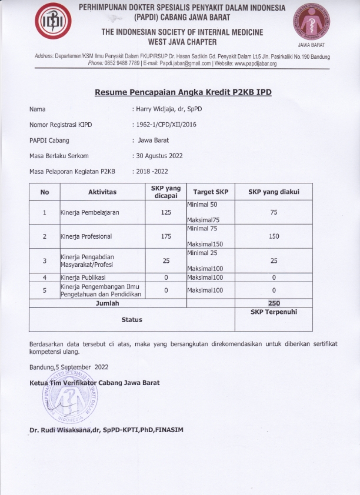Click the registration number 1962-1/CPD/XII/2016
pyautogui.click(x=168, y=125)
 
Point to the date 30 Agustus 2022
pyautogui.click(x=159, y=156)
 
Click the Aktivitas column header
pyautogui.click(x=102, y=192)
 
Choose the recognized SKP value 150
pyautogui.click(x=274, y=236)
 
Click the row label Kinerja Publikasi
pyautogui.click(x=85, y=276)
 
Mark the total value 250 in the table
pyautogui.click(x=274, y=303)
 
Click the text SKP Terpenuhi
pyautogui.click(x=274, y=312)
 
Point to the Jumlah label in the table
pyautogui.click(x=108, y=303)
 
